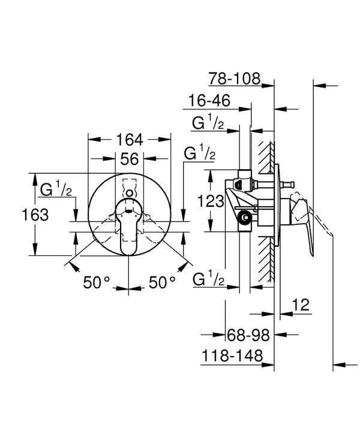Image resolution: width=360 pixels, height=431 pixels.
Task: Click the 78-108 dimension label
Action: (x=235, y=78)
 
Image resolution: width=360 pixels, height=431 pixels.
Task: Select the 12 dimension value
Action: (x=302, y=305)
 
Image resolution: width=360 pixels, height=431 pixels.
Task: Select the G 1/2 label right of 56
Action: (x=199, y=154)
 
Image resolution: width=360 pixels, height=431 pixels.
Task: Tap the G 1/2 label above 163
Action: (x=56, y=191)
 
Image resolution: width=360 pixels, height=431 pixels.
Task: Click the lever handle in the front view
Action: (x=129, y=231)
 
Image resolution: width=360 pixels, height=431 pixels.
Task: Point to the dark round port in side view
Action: (x=244, y=218)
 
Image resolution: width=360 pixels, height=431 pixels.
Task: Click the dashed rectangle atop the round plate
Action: (x=129, y=185)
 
